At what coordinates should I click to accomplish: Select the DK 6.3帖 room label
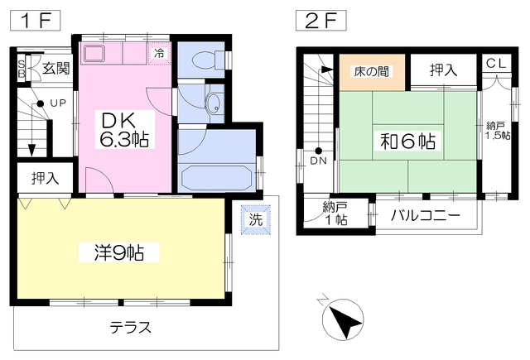pyautogui.click(x=125, y=129)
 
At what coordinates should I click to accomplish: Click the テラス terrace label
pyautogui.click(x=131, y=327)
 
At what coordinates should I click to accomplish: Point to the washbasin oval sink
pyautogui.click(x=214, y=103)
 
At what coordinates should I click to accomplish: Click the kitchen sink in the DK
pyautogui.click(x=93, y=55)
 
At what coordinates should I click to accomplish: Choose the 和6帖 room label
pyautogui.click(x=408, y=141)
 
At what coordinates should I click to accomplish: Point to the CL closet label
pyautogui.click(x=496, y=63)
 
